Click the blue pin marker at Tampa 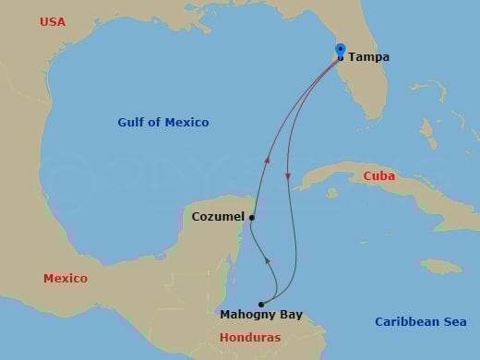[x=340, y=51]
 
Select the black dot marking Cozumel [x=252, y=219]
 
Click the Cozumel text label [x=218, y=217]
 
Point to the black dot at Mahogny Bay [x=261, y=304]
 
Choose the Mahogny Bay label [x=261, y=315]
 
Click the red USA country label [x=53, y=21]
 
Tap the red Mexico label [x=66, y=278]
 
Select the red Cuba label [x=379, y=175]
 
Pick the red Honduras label [x=250, y=338]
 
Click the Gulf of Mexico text [x=163, y=123]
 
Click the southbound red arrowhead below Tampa [x=287, y=176]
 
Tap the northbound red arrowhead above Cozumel [x=267, y=161]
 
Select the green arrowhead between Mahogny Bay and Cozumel [x=268, y=261]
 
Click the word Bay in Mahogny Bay [x=290, y=315]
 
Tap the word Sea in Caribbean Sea [x=453, y=322]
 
